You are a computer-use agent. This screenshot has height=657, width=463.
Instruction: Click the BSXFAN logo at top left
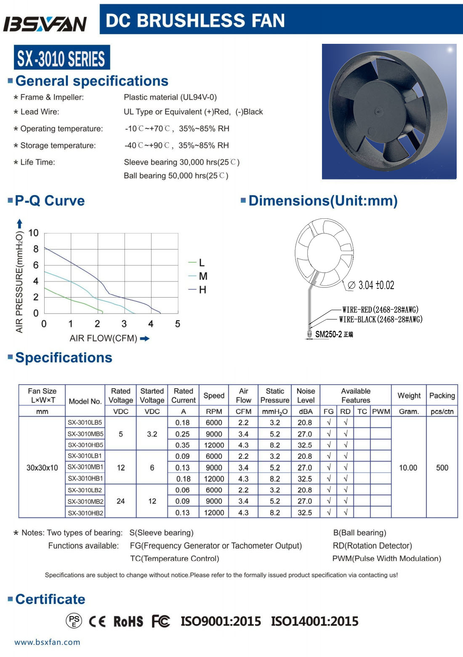[45, 24]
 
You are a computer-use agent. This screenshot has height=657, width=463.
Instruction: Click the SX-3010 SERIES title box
[61, 58]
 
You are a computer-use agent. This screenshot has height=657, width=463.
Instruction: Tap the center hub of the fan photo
[378, 112]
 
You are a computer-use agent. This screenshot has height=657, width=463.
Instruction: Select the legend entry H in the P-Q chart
[202, 290]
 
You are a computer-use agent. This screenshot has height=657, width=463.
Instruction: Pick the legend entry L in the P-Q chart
[202, 263]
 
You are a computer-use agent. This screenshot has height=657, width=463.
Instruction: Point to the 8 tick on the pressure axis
[36, 249]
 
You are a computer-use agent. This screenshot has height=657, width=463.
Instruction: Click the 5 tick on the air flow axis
[178, 324]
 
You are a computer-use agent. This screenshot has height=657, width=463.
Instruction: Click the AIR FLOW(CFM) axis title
[104, 338]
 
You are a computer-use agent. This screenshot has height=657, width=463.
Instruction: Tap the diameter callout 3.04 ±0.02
[376, 285]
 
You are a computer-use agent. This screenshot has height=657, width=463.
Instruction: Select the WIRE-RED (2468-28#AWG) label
[380, 310]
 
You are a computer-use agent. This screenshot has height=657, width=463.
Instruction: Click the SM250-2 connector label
[329, 334]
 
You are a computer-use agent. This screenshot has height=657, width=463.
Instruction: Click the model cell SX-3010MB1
[85, 467]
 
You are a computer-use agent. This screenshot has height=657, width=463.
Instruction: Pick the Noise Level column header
[306, 395]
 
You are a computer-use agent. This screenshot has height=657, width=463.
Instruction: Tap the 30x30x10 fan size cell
[42, 467]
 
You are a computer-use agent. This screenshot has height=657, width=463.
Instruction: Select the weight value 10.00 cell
[408, 467]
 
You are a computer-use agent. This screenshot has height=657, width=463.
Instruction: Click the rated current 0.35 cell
[183, 445]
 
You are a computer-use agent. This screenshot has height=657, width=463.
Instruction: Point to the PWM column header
[381, 411]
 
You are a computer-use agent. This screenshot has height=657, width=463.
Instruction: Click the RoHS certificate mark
[128, 621]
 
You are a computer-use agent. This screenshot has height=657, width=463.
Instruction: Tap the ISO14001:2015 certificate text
[314, 621]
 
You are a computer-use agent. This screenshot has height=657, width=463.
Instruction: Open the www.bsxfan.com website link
[47, 642]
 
